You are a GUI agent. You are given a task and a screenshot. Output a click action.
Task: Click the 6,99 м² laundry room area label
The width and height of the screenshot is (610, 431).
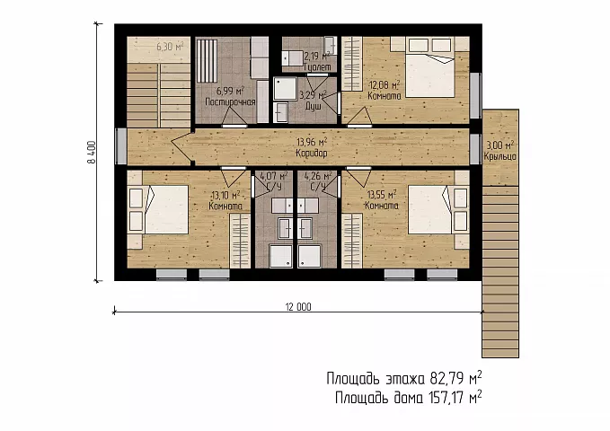(x=230, y=91)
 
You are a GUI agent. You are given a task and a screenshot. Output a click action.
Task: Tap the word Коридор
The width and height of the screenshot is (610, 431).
(x=312, y=154)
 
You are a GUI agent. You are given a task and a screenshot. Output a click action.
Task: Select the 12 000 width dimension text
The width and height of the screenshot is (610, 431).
(x=298, y=307)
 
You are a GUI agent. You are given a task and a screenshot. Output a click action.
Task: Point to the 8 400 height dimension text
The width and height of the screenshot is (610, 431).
(x=92, y=152)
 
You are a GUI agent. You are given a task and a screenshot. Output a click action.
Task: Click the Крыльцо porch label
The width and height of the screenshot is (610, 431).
(x=500, y=156)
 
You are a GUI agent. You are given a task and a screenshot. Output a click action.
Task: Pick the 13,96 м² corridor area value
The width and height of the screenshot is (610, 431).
(x=312, y=142)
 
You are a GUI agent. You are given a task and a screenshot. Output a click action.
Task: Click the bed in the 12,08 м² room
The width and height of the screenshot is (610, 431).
(x=430, y=67)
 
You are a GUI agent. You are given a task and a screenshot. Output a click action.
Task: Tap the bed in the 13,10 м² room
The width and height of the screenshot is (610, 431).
(x=166, y=210)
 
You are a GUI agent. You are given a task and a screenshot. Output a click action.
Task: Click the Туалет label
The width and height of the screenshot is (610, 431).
(x=317, y=67)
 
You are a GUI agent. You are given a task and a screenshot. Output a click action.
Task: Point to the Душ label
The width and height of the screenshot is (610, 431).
(x=314, y=106)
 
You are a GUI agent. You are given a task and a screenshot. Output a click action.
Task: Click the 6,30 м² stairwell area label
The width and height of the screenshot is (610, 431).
(x=170, y=47)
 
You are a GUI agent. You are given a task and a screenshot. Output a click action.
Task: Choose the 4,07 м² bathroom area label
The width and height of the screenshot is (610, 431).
(x=274, y=176)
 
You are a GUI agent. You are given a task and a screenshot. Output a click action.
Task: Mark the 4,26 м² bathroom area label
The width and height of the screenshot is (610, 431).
(x=318, y=176)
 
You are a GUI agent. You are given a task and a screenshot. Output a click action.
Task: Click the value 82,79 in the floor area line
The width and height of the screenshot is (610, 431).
(x=446, y=378)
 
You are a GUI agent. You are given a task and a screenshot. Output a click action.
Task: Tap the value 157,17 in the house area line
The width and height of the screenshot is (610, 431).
(x=446, y=398)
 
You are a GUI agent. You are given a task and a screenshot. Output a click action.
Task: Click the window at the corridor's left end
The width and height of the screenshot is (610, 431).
(x=121, y=146)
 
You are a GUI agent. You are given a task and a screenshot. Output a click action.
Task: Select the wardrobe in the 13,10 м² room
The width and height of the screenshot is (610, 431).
(x=240, y=242)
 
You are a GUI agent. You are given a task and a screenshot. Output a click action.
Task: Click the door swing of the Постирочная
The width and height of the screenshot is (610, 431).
(x=234, y=117)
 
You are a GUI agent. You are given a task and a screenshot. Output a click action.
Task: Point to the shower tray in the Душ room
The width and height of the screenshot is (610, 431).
(x=285, y=89)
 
